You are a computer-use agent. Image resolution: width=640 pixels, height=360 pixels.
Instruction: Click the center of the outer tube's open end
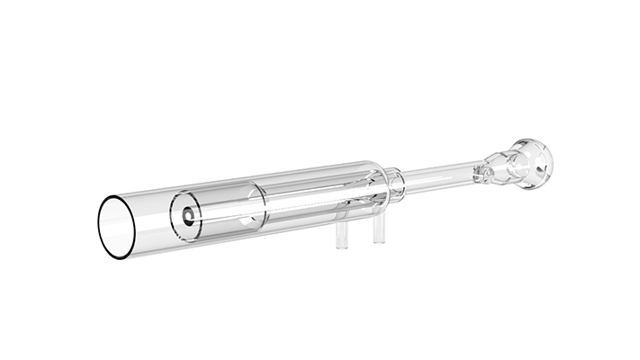coord(120,226)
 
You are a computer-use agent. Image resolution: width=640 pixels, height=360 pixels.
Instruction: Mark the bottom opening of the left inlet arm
coord(343,247)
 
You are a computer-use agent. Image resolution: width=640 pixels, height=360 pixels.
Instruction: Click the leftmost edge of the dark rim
coord(97,229)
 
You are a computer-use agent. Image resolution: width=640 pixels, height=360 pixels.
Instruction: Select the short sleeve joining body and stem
coord(397,182)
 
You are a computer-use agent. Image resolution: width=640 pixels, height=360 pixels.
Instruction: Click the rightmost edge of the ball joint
coord(553,161)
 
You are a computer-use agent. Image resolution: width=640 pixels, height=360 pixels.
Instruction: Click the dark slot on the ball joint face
coord(540,166)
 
